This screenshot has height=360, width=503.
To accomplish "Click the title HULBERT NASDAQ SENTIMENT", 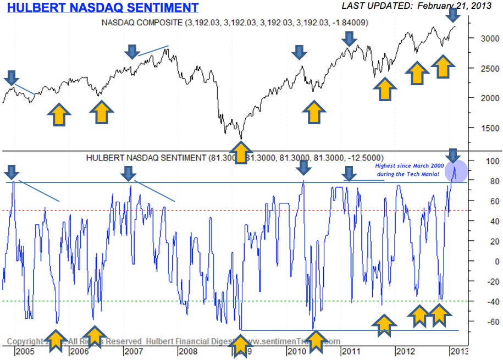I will coord(103,8).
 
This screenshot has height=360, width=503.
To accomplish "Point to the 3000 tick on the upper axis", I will coord(485,38).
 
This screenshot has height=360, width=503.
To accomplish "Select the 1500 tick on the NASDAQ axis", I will coord(485,128).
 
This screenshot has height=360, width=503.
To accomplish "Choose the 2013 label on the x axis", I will coord(460,351).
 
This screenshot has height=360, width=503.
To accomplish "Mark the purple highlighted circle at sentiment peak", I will coord(456,171).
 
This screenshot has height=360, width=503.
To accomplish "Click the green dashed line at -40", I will coord(165,301).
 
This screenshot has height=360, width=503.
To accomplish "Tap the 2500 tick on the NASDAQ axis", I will coord(485,68).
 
